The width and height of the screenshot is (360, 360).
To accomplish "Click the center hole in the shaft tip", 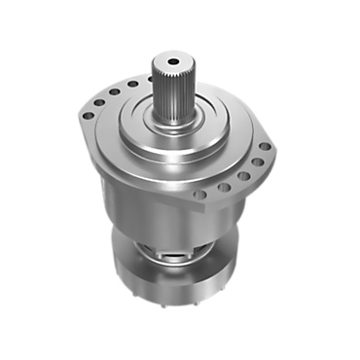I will (x=168, y=62).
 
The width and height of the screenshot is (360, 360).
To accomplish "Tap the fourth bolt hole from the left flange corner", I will (x=130, y=86).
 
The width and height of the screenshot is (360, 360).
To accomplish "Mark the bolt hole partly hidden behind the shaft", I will (x=147, y=81).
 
